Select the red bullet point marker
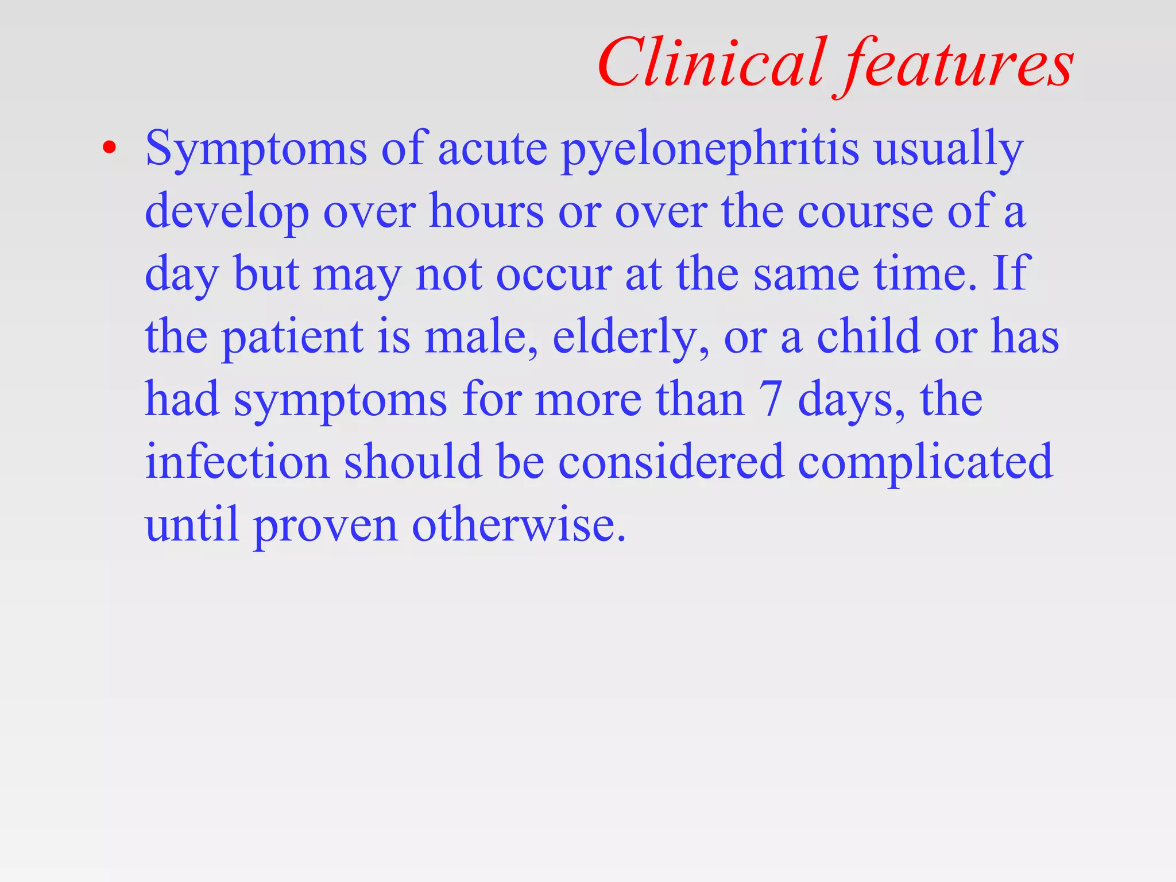tap(109, 148)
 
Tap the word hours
tap(486, 211)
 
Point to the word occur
tap(554, 274)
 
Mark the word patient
tap(292, 337)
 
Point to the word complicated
tap(925, 463)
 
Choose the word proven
tap(326, 526)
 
